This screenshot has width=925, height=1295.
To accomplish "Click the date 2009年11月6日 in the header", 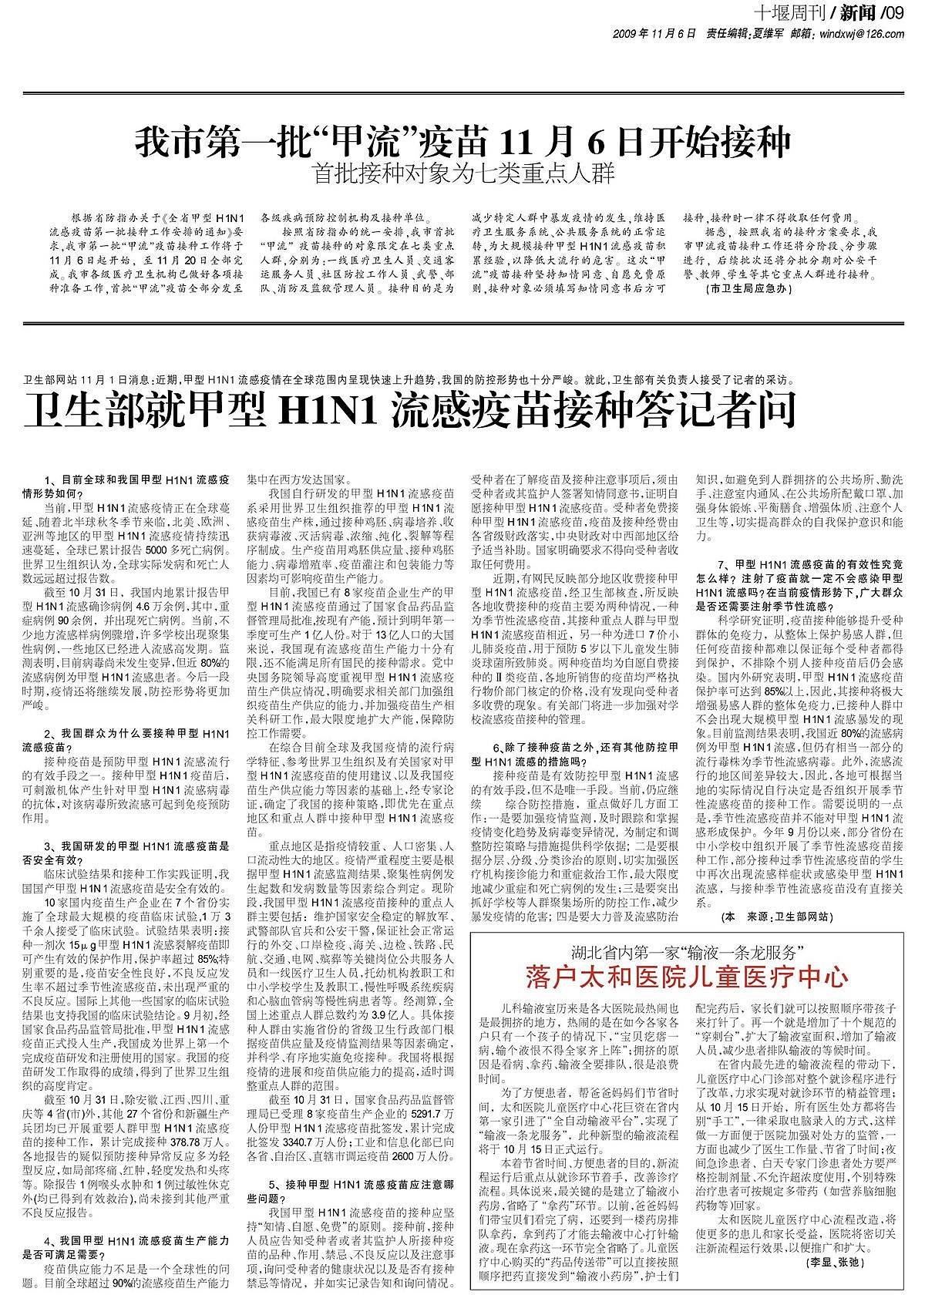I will (654, 35).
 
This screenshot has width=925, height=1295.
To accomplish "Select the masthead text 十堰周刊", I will (790, 12).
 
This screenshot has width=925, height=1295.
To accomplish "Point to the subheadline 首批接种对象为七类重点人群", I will (463, 175).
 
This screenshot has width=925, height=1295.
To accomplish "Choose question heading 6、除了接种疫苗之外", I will (575, 753).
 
